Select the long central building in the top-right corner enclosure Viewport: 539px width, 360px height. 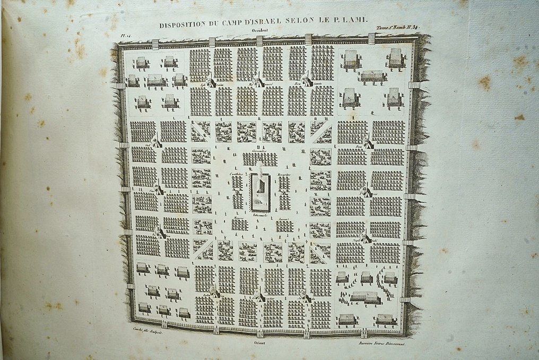pyautogui.click(x=373, y=76)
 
